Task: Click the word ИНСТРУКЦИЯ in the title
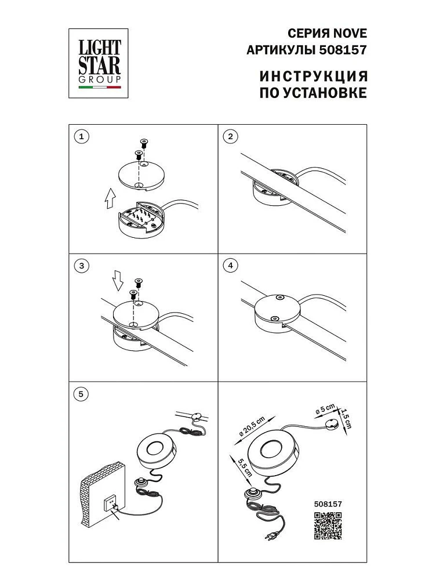(x=313, y=76)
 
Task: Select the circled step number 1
(x=82, y=136)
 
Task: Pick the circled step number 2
(x=231, y=136)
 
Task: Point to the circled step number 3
(x=82, y=266)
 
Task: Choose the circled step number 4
(x=231, y=266)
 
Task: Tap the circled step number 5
(x=81, y=394)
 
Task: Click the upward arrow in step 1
(x=110, y=198)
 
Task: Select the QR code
(x=328, y=525)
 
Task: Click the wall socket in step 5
(x=112, y=504)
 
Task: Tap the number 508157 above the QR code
(x=328, y=504)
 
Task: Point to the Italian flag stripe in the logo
(x=100, y=88)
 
